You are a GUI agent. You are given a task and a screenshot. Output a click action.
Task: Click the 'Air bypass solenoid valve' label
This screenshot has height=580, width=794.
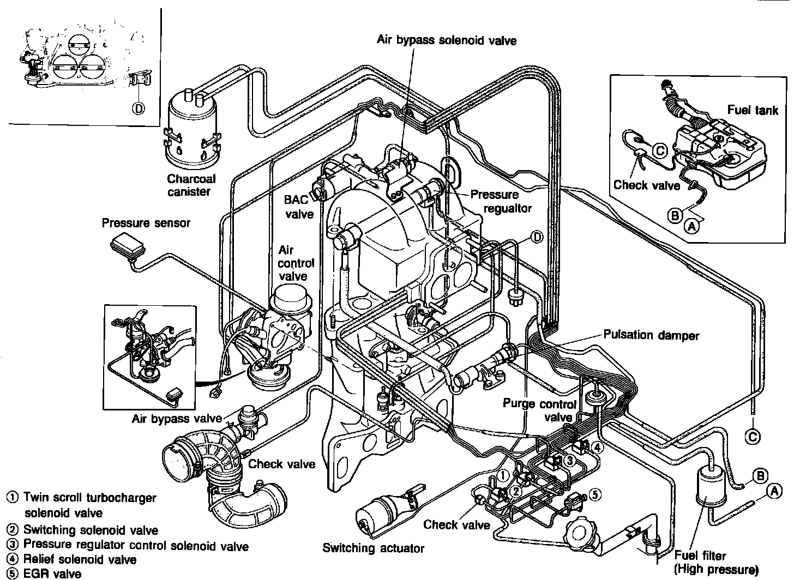446,40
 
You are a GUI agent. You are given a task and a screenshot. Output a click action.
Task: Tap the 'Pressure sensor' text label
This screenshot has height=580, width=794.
146,222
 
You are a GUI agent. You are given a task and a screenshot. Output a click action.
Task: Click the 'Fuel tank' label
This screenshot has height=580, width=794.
753,110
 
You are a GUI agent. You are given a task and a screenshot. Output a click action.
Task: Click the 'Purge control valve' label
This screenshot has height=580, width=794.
539,410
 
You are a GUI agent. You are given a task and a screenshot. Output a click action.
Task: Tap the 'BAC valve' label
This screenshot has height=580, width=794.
299,207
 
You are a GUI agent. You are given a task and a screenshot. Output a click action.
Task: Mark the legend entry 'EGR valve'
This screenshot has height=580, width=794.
52,573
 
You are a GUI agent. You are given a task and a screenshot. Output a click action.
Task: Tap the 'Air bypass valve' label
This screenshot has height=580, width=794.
177,419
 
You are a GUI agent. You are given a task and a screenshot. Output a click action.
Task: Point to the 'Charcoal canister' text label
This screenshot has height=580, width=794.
191,185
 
